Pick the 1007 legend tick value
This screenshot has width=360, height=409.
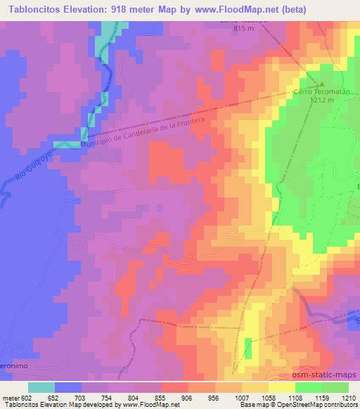coord(243,397)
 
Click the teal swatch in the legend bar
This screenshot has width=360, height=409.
coord(41,387)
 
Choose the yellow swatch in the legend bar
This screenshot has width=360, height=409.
coord(282,387)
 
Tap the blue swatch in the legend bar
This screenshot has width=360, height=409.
coord(68,387)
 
